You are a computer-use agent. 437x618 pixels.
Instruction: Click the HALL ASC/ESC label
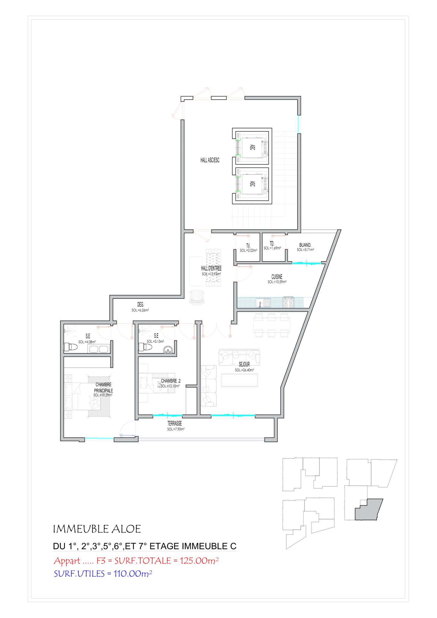(x=210, y=160)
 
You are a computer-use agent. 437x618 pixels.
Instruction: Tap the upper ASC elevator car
(x=252, y=148)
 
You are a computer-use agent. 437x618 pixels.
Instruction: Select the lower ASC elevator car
(x=252, y=184)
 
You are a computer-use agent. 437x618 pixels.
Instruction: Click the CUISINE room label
(x=277, y=277)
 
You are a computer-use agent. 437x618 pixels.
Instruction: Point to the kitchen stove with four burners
(x=288, y=302)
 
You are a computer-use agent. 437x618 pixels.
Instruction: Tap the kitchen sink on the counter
(x=263, y=303)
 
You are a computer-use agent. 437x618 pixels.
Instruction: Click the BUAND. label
(x=305, y=245)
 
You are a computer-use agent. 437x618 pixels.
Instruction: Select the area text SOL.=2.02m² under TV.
(x=248, y=250)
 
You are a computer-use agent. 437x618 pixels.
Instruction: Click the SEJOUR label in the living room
(x=244, y=365)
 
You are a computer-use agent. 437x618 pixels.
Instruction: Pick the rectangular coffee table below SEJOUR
(x=240, y=380)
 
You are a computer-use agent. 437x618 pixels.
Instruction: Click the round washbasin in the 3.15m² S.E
(x=168, y=350)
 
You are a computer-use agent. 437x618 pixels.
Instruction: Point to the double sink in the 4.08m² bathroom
(x=99, y=349)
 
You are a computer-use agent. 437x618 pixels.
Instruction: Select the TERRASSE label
(x=174, y=423)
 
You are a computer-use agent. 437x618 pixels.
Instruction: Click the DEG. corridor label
(x=140, y=305)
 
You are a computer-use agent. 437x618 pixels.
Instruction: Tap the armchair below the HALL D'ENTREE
(x=197, y=297)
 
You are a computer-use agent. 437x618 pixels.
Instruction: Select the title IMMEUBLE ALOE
(x=97, y=529)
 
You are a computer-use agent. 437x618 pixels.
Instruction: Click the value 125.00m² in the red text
(x=199, y=561)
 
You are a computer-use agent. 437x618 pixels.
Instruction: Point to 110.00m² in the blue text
(x=133, y=574)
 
